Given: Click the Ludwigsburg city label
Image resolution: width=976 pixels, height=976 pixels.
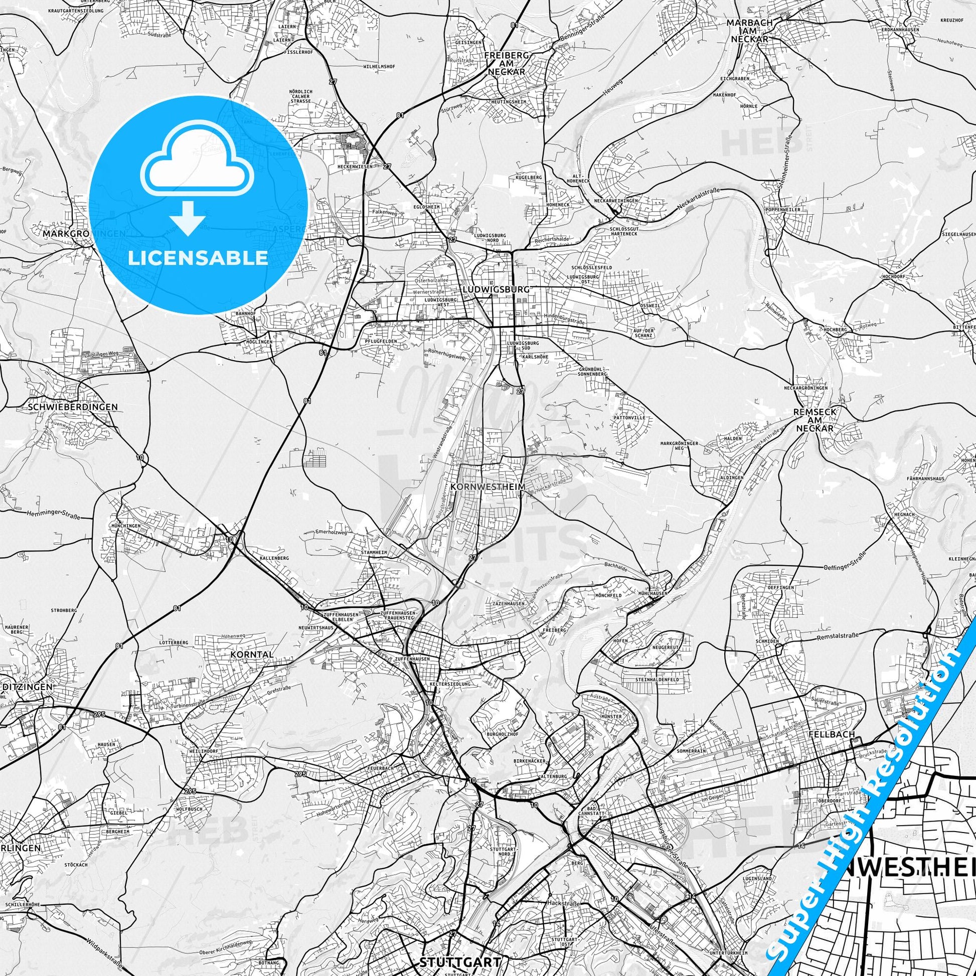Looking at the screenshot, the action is [x=496, y=289].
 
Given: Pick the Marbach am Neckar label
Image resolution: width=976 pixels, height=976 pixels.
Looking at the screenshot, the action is [x=748, y=31].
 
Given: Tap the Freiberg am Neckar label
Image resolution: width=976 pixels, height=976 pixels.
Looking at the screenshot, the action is [x=507, y=63].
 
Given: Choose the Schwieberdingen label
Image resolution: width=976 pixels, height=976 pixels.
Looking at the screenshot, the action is [x=73, y=406].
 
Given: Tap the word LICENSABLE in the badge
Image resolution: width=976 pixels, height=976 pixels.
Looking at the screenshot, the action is [x=198, y=258].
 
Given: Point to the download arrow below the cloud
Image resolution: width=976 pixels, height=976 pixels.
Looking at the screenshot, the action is [x=188, y=218].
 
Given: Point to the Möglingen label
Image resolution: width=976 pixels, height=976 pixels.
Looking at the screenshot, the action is [x=259, y=342].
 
